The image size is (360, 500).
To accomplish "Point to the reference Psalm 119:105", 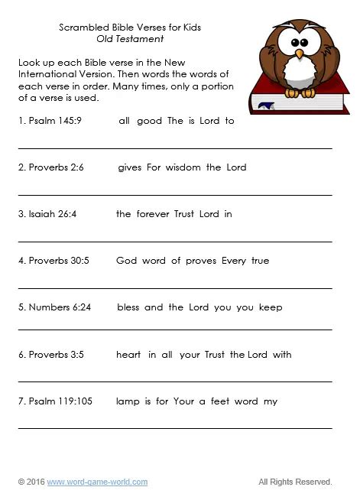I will (52, 401).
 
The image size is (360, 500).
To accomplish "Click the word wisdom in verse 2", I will (183, 167).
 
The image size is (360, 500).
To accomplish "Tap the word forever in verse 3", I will (154, 214).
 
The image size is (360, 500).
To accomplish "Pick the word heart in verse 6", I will (128, 355).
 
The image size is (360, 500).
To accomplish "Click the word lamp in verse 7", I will (128, 401).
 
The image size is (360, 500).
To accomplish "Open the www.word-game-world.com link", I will (97, 482).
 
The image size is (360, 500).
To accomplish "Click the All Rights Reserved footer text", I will (295, 482).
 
